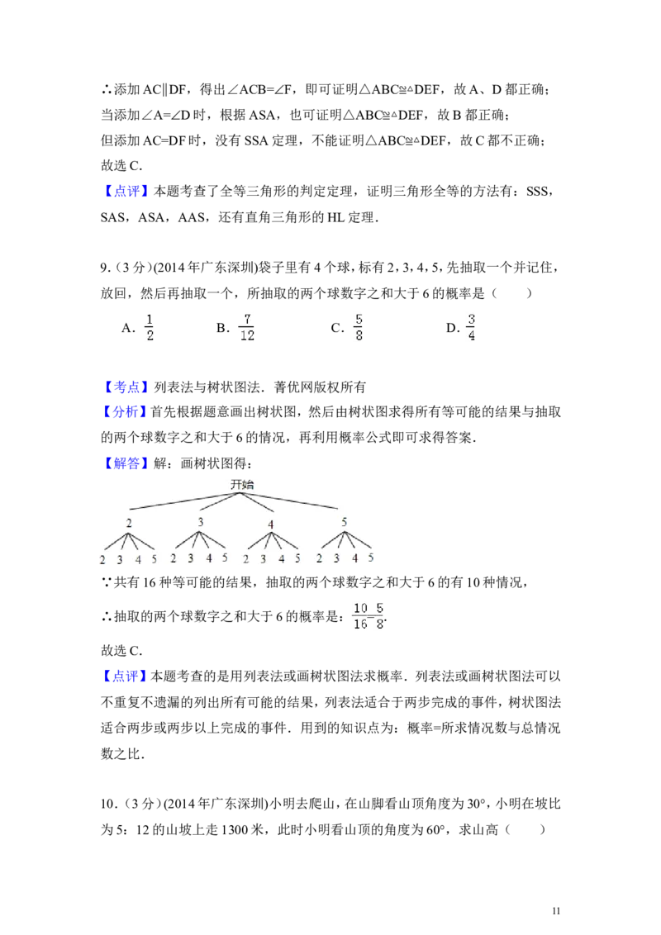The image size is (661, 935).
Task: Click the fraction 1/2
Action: point(149,327)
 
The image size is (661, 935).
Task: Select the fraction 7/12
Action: point(247,327)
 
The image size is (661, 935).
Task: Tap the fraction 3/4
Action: point(469,327)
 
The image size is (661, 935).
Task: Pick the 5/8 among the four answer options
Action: point(357,327)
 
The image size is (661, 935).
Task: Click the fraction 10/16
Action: point(359,616)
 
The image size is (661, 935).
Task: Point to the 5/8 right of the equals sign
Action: point(379,616)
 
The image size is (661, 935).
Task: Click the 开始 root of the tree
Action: point(241,484)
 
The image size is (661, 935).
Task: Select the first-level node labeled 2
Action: point(129,524)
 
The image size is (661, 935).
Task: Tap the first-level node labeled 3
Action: point(201,522)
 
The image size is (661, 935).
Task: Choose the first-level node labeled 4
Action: point(271,524)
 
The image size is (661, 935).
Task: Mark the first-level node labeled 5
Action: point(345,522)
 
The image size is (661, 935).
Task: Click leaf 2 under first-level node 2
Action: point(102,560)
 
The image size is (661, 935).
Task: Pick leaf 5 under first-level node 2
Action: point(154,559)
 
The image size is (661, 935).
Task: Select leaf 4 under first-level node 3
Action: point(208,558)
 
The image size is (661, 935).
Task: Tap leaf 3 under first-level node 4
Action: point(263,559)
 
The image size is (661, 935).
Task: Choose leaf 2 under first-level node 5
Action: point(319,559)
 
